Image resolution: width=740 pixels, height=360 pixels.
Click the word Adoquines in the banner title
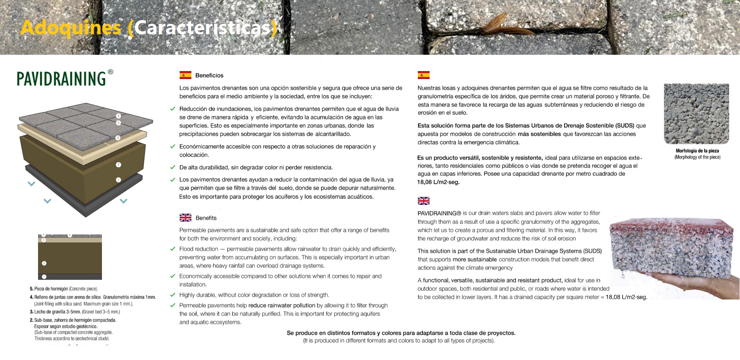coord(71,28)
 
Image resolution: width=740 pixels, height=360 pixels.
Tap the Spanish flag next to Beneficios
coord(185,75)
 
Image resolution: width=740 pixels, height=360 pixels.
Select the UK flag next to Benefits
coord(185,218)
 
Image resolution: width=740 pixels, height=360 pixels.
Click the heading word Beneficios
coord(209,76)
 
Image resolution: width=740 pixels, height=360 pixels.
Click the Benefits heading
coord(206,218)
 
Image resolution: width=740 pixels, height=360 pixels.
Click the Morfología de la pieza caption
coord(697,151)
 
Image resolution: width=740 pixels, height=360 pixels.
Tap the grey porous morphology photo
coord(696,113)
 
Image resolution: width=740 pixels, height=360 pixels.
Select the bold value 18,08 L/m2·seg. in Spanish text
coord(438,182)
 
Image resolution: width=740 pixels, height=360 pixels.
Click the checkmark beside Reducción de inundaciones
coord(173,109)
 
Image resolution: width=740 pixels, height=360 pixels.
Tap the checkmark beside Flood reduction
coord(173,249)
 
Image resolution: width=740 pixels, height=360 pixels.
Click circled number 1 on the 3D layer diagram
coord(118,180)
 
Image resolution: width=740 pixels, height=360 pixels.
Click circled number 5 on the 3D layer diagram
coord(118,116)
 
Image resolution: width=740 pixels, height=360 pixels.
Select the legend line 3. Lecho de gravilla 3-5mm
coord(75,312)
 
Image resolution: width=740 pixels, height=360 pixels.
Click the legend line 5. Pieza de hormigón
coord(64,289)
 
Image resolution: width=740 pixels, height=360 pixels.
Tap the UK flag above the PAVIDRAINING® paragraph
coord(423,201)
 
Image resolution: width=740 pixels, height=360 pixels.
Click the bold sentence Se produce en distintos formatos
coord(401,333)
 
